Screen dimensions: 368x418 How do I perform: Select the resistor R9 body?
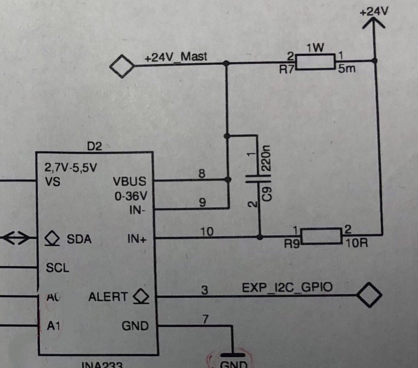tap(321, 236)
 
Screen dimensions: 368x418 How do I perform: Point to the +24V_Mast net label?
tap(175, 57)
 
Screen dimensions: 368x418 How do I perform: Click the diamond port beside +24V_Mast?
tap(122, 66)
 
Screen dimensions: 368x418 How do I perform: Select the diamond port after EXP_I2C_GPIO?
tap(369, 295)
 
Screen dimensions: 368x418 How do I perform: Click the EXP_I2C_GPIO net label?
tap(287, 287)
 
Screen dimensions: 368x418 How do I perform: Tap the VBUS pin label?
tap(129, 181)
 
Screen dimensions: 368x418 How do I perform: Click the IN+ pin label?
tap(137, 239)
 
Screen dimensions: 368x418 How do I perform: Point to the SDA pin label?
tap(79, 239)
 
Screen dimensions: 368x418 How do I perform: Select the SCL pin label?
tap(57, 268)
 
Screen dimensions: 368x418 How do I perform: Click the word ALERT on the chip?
tap(108, 297)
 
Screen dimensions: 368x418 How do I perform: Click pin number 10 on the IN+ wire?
tap(207, 231)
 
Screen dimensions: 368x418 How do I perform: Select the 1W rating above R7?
tap(315, 48)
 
